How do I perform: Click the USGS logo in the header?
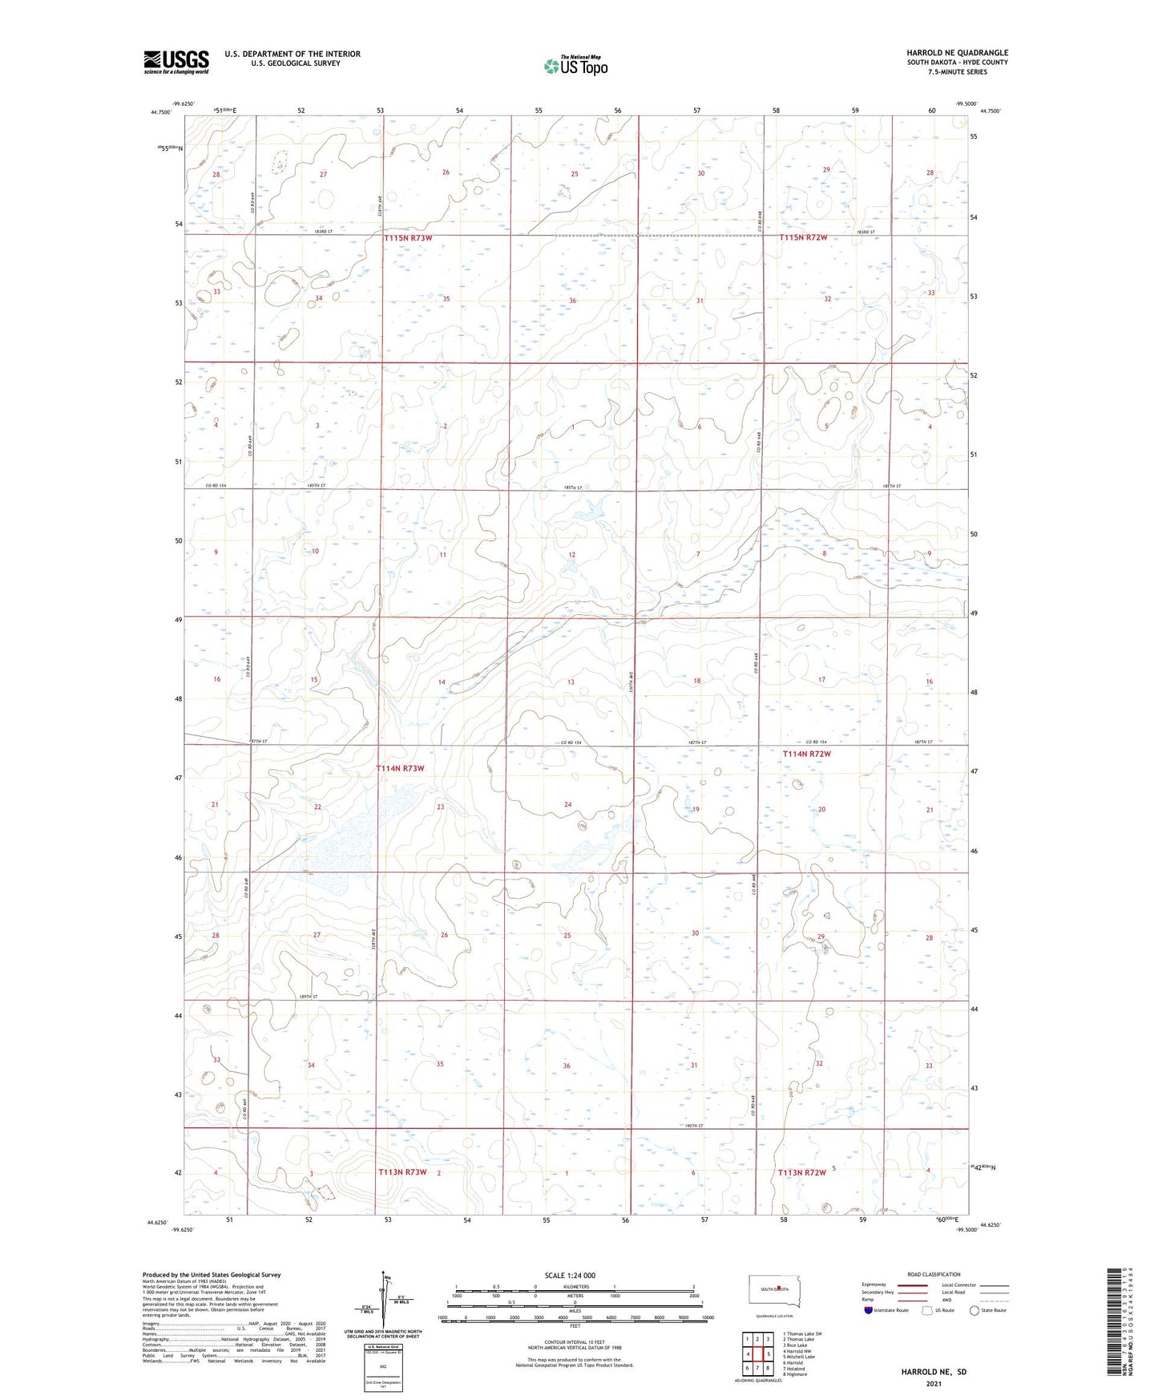176,62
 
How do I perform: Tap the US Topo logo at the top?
574,67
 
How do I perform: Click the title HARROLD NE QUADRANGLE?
957,53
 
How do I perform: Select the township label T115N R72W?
803,237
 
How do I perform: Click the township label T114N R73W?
400,768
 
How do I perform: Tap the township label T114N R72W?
806,754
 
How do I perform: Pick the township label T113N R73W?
401,1171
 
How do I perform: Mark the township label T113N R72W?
801,1172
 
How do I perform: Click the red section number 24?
567,804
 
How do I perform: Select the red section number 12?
571,555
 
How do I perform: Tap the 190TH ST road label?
694,1126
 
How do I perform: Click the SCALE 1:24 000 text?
570,1275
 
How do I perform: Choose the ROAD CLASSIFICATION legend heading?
934,1274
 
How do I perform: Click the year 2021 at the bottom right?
934,1383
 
